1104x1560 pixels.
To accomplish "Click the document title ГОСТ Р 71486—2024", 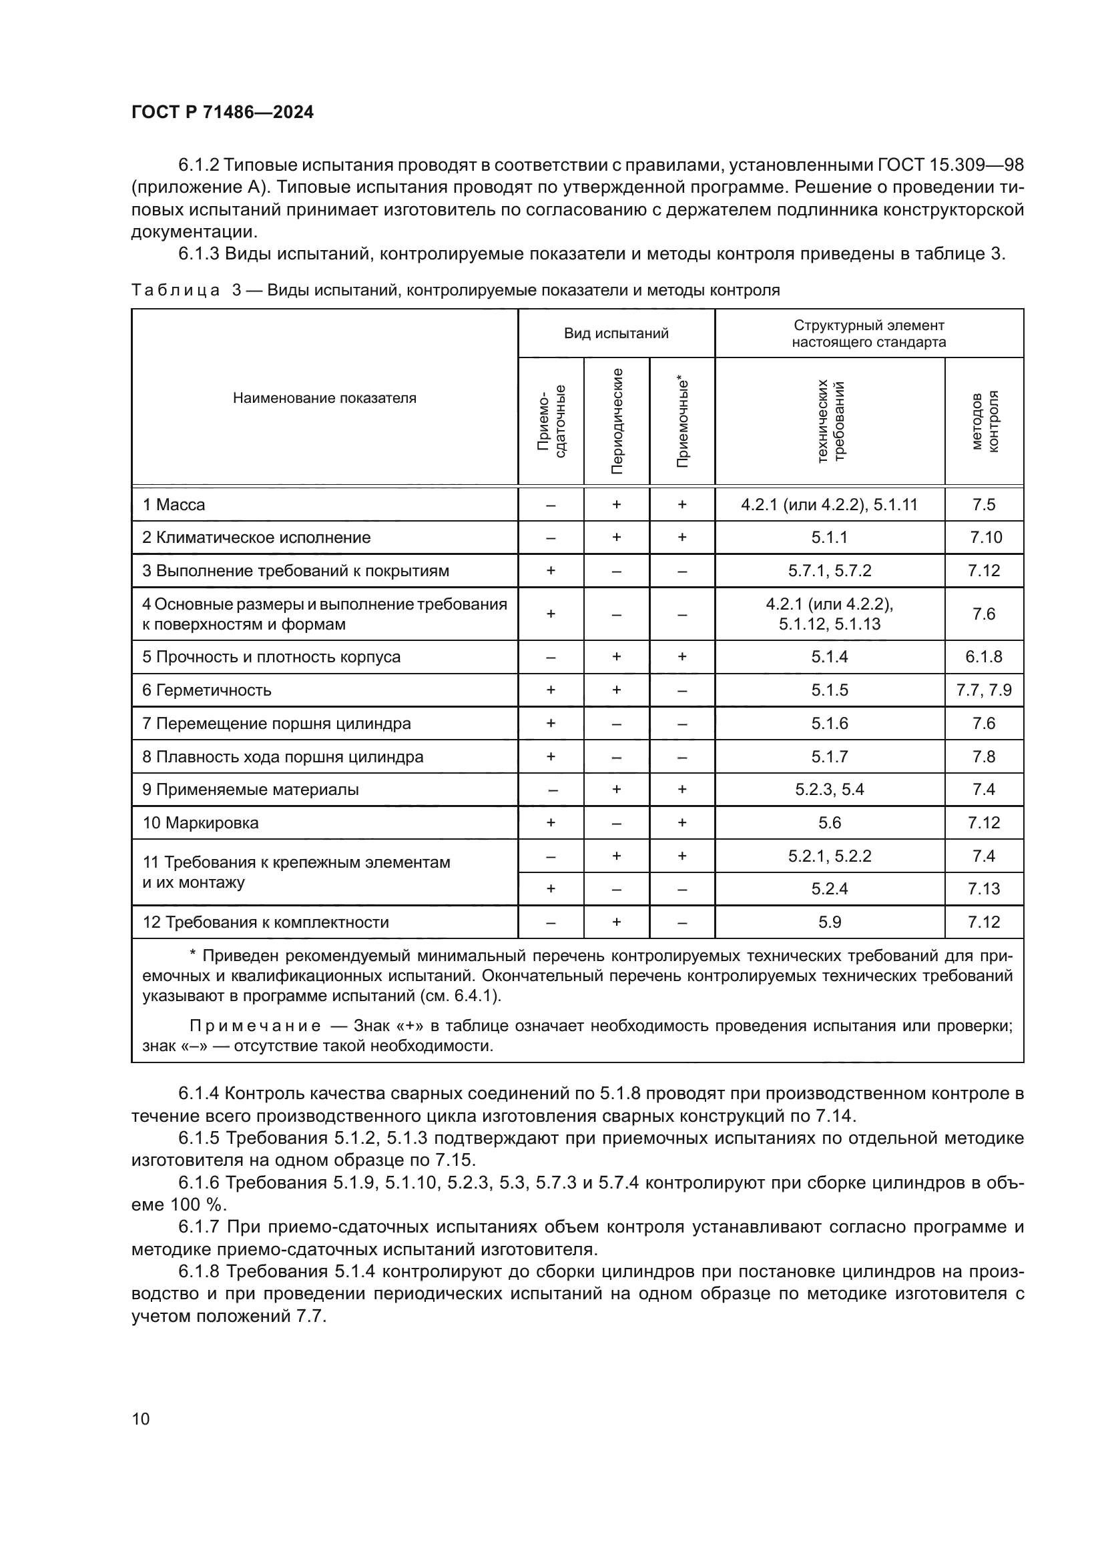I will [222, 113].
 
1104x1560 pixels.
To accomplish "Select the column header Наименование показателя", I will [324, 398].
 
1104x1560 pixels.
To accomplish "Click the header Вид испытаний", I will [616, 333].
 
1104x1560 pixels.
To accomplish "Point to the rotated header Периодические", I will [617, 422].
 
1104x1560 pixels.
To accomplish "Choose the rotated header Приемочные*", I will [683, 422].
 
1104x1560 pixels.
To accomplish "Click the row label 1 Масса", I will [174, 505].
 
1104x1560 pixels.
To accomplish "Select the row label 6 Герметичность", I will [207, 690].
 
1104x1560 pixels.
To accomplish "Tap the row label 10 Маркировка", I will [200, 823].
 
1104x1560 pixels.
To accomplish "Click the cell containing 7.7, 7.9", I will [984, 690].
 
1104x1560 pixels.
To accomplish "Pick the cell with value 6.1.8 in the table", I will [984, 657].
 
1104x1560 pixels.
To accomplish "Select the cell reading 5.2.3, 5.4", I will [830, 790].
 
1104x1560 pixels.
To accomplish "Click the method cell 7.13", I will [984, 888].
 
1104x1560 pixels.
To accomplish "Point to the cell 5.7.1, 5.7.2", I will [830, 571].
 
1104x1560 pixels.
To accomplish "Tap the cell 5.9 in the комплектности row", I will [830, 922].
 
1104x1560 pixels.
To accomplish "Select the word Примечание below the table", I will [255, 1026].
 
